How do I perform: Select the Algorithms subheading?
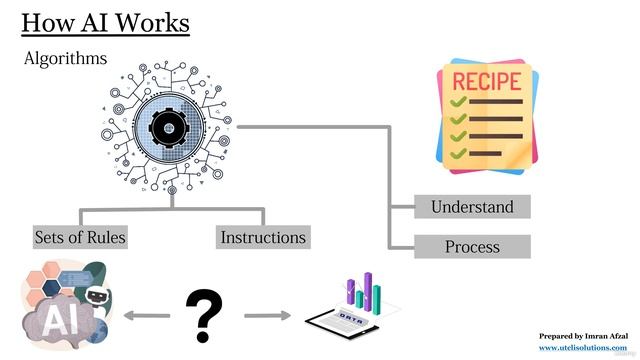(x=66, y=60)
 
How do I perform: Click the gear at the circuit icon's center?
(x=170, y=127)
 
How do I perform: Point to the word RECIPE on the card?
(x=487, y=80)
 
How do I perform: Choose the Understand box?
(x=472, y=207)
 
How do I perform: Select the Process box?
(x=472, y=246)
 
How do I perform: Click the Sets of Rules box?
(x=79, y=237)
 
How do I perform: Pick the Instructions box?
(x=263, y=237)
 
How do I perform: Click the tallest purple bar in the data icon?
(x=367, y=289)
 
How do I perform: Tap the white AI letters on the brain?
(x=50, y=320)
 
